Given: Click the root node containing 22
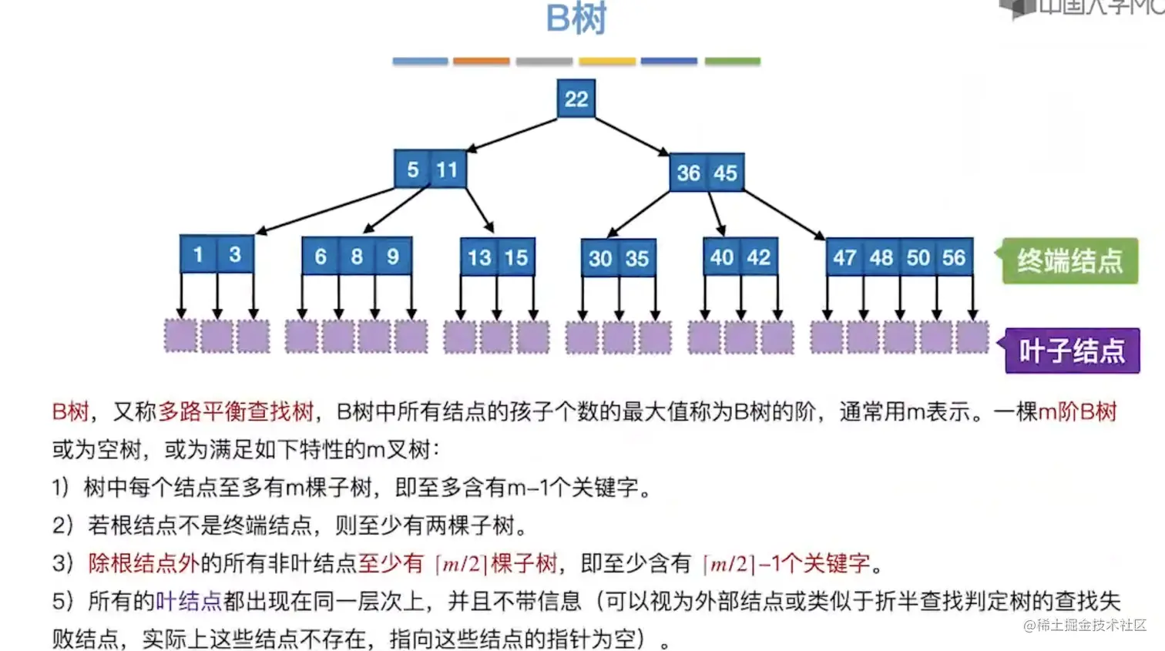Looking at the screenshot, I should click(576, 99).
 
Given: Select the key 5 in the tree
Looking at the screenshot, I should click(413, 169).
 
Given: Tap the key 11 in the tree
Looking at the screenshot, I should click(448, 169).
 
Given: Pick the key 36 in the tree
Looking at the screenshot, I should click(688, 173).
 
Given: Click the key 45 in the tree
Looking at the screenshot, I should click(725, 173).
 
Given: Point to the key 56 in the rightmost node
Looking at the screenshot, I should click(954, 257).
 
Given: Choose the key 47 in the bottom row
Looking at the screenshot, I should click(844, 257).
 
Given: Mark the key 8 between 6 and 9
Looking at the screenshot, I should click(357, 257).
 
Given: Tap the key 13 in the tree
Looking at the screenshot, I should click(479, 257).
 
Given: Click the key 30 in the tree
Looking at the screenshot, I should click(600, 258).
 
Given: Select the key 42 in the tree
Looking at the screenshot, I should click(758, 257).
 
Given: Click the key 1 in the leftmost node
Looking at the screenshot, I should click(198, 254).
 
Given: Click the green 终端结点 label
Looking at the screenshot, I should click(1069, 261).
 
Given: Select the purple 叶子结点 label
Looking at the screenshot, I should click(1072, 351).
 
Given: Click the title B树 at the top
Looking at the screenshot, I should click(576, 18).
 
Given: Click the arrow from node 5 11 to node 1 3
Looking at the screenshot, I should click(327, 210).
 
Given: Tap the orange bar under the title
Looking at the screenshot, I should click(481, 61).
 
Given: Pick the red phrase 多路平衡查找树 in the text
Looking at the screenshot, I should click(237, 411).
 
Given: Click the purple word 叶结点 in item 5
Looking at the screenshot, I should click(189, 601).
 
